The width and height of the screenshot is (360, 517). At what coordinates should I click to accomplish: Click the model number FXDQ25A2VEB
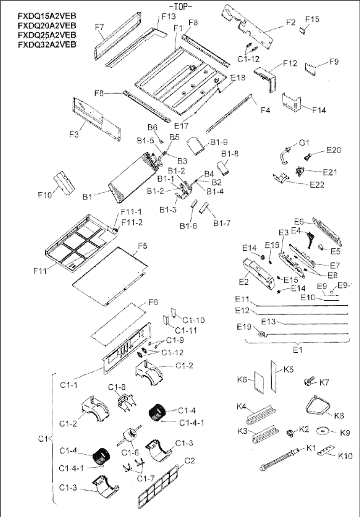coord(47,35)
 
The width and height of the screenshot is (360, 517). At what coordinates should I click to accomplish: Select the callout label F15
coord(312,19)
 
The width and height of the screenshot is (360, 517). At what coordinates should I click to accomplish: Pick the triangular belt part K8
coord(319,409)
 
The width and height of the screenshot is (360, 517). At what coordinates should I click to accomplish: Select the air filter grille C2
coord(157,486)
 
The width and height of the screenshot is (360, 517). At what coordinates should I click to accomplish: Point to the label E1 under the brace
coord(297,350)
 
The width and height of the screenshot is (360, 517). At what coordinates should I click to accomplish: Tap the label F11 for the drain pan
coord(40,271)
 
